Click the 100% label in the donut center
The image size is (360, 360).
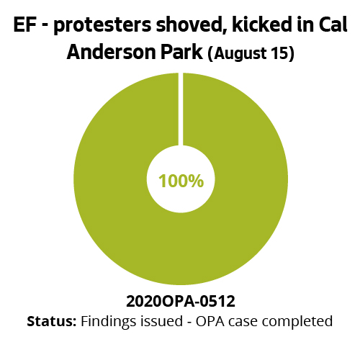pyautogui.click(x=181, y=181)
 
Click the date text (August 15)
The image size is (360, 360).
pyautogui.click(x=250, y=55)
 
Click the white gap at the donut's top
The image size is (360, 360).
pyautogui.click(x=181, y=108)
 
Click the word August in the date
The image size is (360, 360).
pyautogui.click(x=241, y=55)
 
